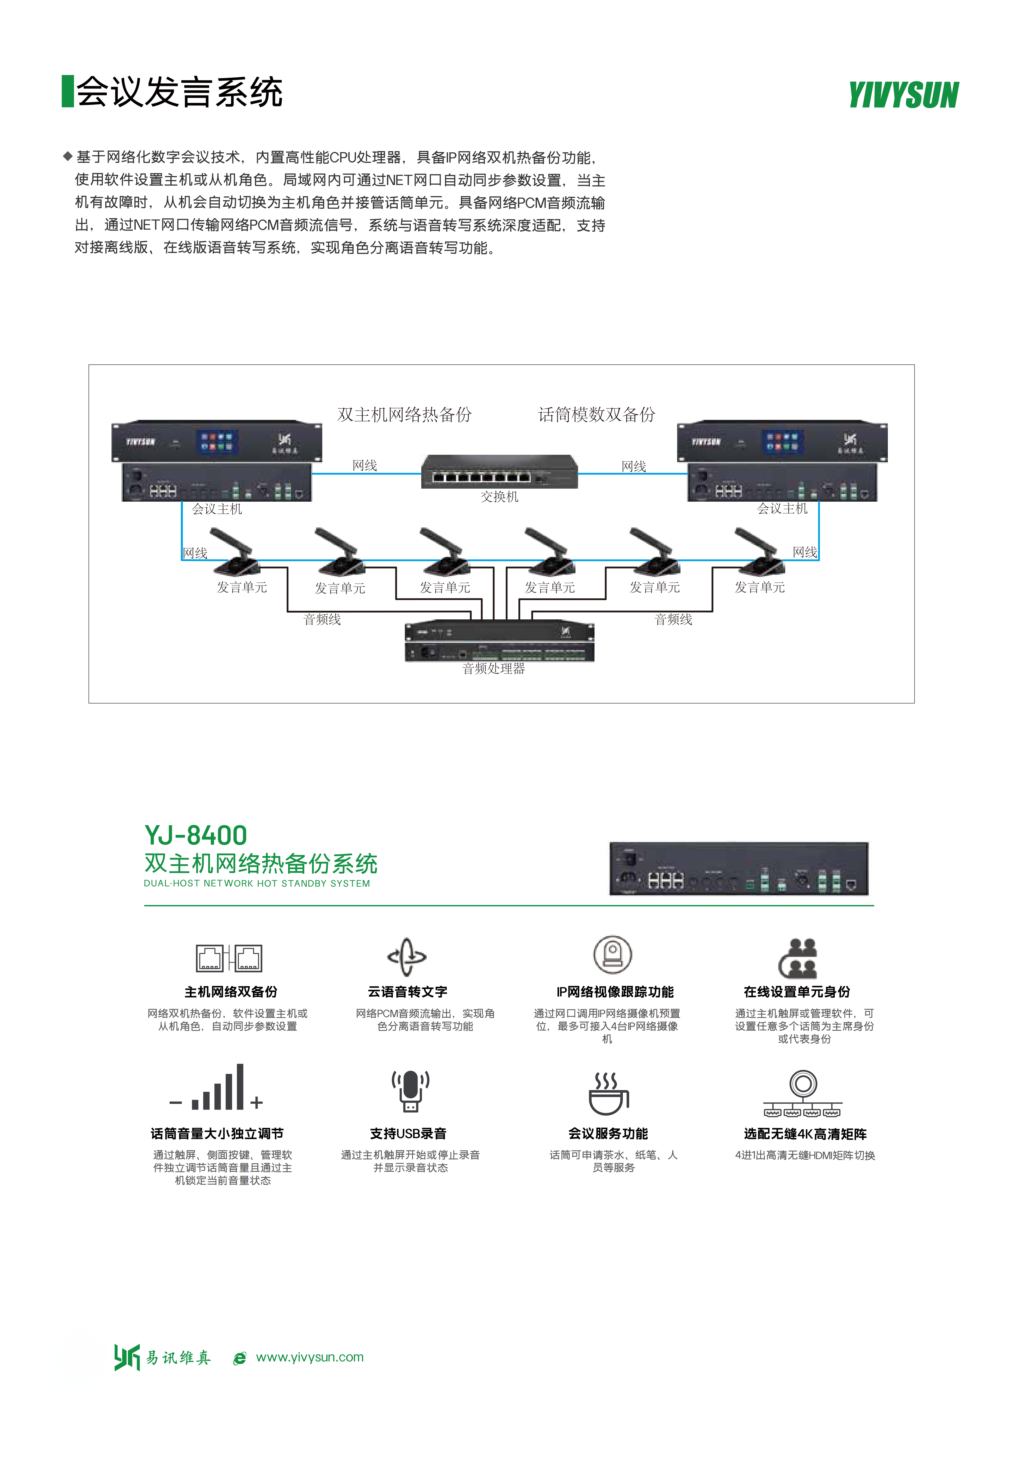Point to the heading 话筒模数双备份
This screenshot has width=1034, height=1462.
click(597, 414)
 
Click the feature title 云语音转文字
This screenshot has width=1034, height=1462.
click(407, 991)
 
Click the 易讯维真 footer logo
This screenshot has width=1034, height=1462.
click(162, 1357)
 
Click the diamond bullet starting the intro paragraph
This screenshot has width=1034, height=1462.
click(67, 156)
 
